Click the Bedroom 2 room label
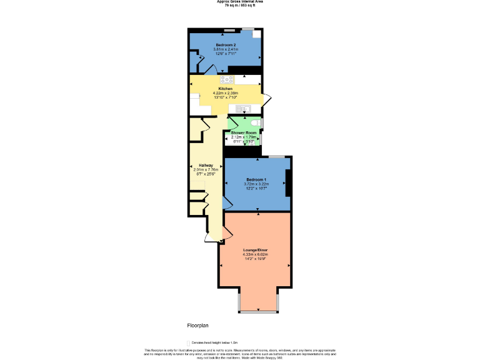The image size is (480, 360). coord(226,46)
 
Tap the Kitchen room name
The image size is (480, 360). coord(226,89)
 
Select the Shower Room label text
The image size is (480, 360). coord(244,133)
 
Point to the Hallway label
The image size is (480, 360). coord(197,166)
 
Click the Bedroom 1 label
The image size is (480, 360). coord(256,180)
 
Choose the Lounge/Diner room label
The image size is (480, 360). coord(255,250)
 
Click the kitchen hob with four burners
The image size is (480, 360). coord(226,79)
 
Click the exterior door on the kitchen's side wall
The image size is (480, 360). coord(267,99)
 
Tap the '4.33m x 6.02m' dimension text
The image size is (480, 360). coord(255,254)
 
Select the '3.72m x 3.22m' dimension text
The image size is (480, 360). coord(256,184)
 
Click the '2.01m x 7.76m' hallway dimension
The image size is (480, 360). coord(197,170)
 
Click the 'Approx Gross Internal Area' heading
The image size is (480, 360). coord(240,2)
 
